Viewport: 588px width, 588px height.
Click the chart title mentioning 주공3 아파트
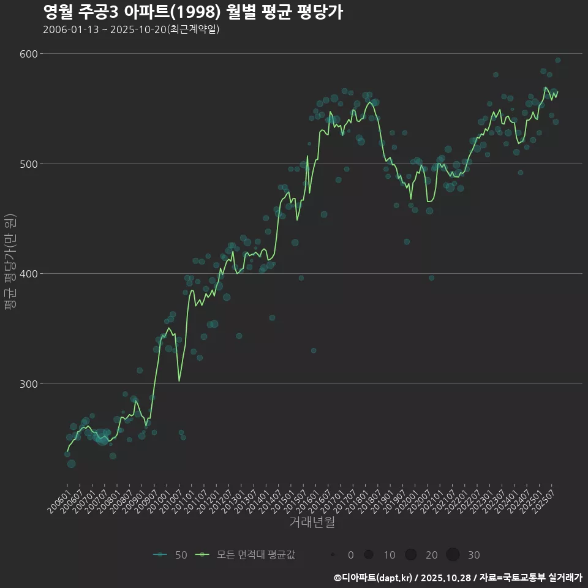(193, 12)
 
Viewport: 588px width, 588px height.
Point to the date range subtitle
(131, 29)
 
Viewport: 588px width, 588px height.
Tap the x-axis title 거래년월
(312, 522)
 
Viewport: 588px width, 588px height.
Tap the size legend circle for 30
(453, 555)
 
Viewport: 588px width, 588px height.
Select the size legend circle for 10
(369, 555)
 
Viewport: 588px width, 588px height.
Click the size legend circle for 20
(410, 555)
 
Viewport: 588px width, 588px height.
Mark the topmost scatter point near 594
(557, 60)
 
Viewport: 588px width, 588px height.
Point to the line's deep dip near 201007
(179, 381)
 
